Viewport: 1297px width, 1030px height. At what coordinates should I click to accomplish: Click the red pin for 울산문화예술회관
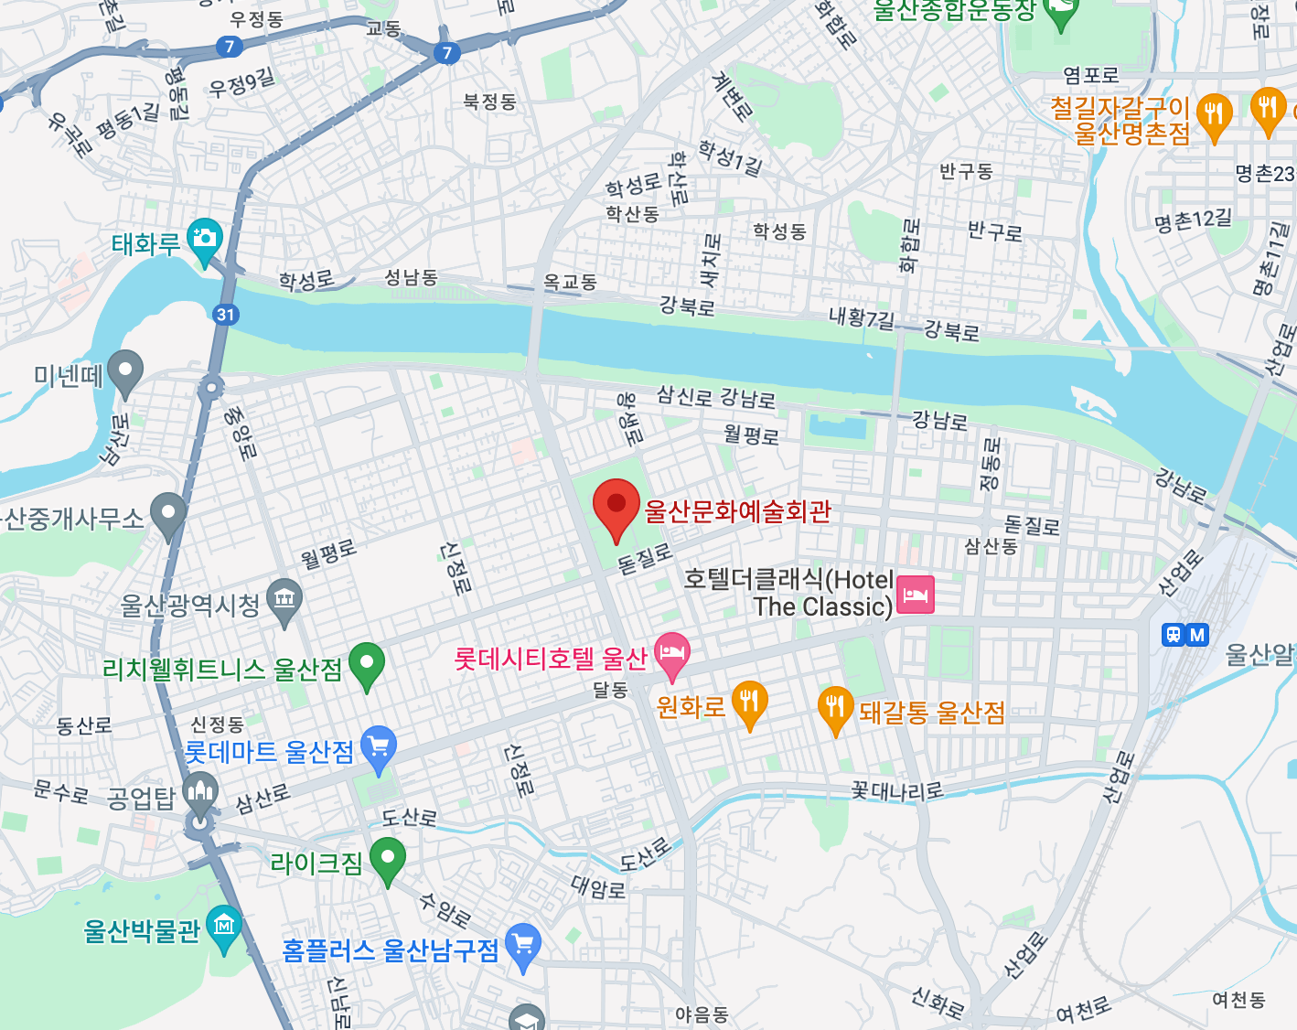[x=616, y=506]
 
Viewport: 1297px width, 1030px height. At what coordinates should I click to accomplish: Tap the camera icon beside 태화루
[x=204, y=239]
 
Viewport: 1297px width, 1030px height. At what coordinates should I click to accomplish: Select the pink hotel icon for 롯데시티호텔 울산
[x=672, y=653]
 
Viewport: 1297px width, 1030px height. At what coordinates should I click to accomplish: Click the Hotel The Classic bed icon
[x=916, y=595]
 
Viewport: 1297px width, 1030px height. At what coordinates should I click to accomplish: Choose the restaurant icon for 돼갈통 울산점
[x=835, y=707]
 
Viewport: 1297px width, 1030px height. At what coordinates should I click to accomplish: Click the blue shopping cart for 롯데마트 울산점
[x=379, y=747]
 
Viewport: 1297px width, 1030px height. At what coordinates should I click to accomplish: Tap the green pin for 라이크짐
[x=388, y=859]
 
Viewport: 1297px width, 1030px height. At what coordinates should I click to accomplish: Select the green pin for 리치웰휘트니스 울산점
[x=367, y=664]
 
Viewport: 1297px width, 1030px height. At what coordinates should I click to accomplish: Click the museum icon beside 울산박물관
[x=224, y=927]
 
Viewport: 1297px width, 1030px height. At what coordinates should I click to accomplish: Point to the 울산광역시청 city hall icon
[x=284, y=600]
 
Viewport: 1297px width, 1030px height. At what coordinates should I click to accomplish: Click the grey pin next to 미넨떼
[x=125, y=371]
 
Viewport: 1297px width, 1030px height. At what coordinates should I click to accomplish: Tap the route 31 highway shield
[x=225, y=315]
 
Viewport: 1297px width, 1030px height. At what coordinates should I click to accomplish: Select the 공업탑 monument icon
[x=199, y=793]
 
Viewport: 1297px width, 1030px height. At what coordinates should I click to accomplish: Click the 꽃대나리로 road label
[x=896, y=789]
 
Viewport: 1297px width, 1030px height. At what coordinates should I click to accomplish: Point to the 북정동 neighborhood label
[x=489, y=102]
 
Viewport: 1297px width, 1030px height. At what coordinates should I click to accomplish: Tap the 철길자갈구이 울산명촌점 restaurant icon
[x=1214, y=115]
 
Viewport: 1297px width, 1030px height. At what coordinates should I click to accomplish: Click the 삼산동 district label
[x=991, y=546]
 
